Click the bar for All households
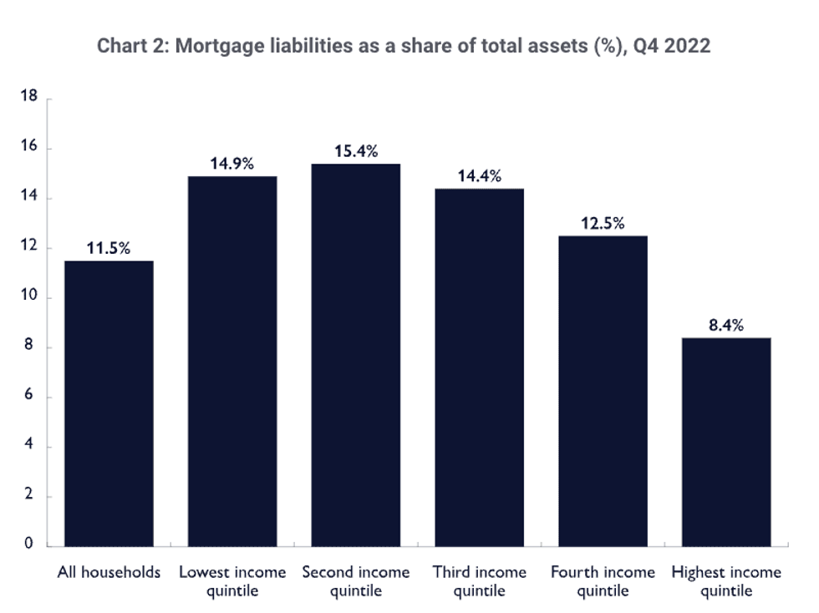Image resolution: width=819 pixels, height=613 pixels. pos(109,403)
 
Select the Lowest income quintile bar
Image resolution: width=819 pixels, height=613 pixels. pos(232,361)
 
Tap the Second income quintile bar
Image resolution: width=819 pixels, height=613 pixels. pos(356,355)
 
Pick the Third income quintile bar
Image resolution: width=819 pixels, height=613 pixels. pos(480,367)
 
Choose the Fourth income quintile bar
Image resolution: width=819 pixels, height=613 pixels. pos(603,391)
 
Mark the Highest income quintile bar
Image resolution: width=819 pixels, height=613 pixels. pos(726,442)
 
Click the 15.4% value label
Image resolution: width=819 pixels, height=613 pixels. pos(356,151)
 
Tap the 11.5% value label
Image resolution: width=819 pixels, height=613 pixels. pos(109,248)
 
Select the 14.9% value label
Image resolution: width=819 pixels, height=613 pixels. pos(232,164)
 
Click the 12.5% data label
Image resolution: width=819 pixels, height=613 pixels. pos(603,224)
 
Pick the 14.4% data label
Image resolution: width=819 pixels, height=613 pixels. pos(480,176)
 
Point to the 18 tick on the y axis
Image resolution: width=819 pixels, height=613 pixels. pos(31,98)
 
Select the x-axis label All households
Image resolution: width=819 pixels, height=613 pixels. pos(109,573)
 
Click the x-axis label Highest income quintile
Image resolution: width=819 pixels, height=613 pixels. pos(726,581)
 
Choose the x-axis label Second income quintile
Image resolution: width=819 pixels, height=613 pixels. pos(356,581)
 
